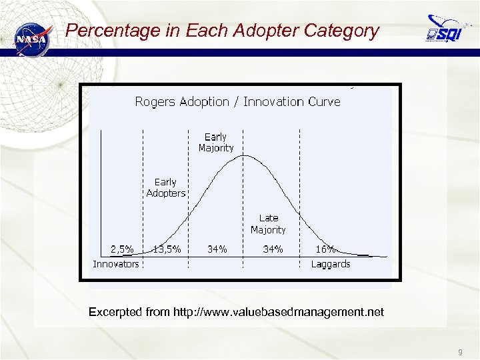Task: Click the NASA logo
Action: (32, 39)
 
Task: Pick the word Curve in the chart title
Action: (324, 102)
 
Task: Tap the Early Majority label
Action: (216, 143)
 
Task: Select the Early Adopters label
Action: (166, 187)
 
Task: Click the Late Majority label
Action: (268, 224)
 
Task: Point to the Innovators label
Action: (116, 264)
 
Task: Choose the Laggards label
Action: (331, 264)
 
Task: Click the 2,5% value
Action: (122, 249)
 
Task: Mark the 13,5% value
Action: (167, 249)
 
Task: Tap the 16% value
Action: (325, 249)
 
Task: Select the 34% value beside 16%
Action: (273, 249)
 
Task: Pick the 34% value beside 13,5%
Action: (217, 249)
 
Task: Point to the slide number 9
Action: (460, 351)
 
